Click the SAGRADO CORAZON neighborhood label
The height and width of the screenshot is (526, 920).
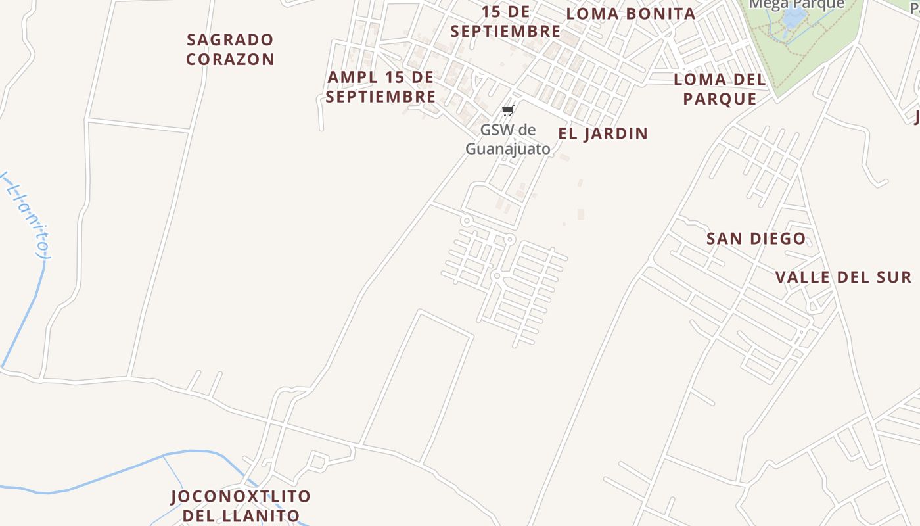pos(230,49)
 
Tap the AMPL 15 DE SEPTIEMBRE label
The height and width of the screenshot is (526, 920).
pos(380,87)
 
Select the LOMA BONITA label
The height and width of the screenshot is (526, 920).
pos(630,14)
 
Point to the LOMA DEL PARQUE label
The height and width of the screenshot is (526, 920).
pos(720,89)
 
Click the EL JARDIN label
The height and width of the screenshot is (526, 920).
pos(603,133)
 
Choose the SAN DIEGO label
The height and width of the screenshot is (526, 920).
pos(756,239)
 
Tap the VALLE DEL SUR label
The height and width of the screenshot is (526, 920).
pos(843,277)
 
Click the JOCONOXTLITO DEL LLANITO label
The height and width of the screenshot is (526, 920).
pos(241,506)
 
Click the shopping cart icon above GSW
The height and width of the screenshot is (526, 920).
pos(507,110)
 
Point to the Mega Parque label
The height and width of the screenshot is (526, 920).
pos(796,4)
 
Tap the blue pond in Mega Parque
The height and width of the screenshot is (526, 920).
pos(795,18)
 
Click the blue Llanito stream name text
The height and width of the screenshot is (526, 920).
pos(26,214)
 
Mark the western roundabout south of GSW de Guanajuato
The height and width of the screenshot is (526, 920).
pos(467,221)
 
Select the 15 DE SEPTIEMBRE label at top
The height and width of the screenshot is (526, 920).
pos(505,22)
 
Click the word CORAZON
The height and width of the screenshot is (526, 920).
pos(230,59)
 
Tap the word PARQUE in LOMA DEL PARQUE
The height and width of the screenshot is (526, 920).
pos(720,99)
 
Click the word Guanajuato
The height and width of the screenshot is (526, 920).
pos(508,149)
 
